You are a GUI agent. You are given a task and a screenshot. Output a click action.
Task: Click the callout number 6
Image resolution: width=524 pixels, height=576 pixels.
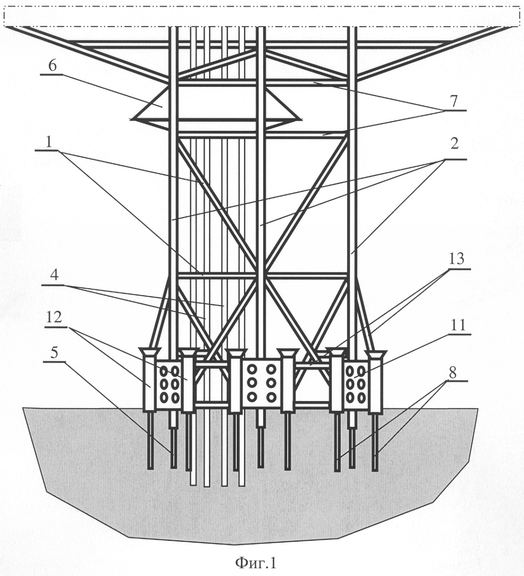(x=52, y=66)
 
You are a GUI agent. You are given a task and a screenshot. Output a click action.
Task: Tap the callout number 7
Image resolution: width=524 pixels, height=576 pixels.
(x=454, y=102)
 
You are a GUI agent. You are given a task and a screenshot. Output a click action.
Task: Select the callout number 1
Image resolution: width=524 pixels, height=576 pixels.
(x=49, y=142)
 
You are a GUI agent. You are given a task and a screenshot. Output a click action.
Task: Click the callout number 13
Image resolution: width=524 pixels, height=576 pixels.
(x=456, y=259)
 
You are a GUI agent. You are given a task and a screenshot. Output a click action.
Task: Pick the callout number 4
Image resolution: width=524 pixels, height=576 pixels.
(x=54, y=275)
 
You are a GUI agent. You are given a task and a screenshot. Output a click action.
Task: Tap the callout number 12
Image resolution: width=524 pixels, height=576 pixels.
(x=55, y=317)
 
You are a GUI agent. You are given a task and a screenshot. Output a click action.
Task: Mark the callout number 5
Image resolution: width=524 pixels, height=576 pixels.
(x=54, y=353)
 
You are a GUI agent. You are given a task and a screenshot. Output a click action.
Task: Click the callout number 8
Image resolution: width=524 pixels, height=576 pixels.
(x=452, y=373)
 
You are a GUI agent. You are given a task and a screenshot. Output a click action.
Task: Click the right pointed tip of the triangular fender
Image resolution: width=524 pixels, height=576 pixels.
(x=302, y=118)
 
